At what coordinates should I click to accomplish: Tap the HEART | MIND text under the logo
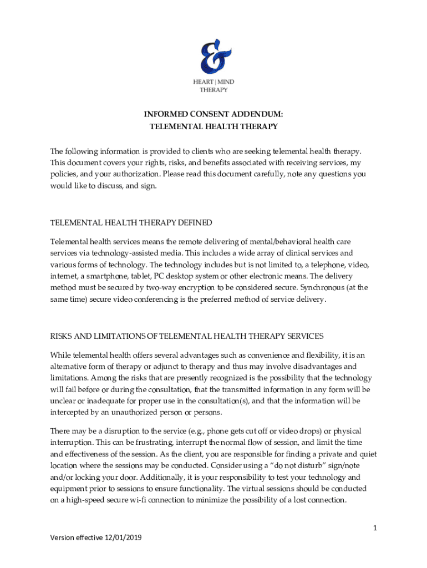pyautogui.click(x=213, y=82)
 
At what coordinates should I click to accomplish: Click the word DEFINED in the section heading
pyautogui.click(x=194, y=222)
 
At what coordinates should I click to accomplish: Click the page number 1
pyautogui.click(x=375, y=528)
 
